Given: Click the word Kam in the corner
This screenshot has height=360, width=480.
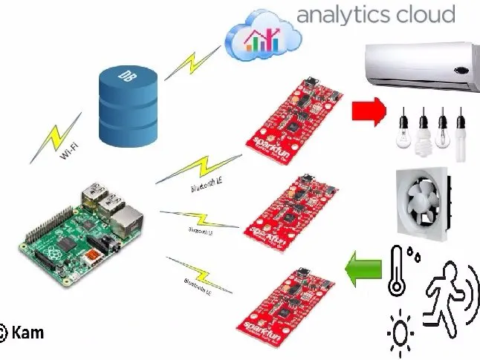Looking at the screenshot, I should [27, 333].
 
